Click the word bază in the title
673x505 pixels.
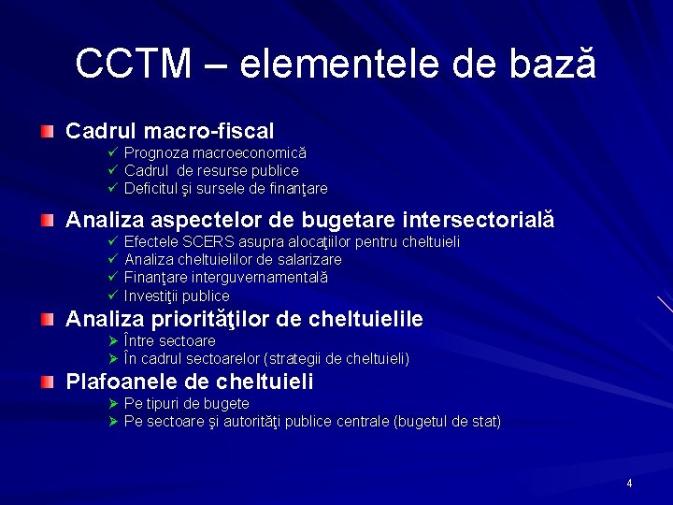pyautogui.click(x=551, y=64)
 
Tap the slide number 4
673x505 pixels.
pyautogui.click(x=629, y=483)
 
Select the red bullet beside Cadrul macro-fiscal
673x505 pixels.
pyautogui.click(x=48, y=132)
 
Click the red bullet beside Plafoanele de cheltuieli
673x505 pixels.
pyautogui.click(x=48, y=382)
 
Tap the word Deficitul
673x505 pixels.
pyautogui.click(x=150, y=189)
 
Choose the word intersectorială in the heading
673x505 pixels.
pyautogui.click(x=478, y=221)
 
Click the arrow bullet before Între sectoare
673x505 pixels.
pyautogui.click(x=111, y=340)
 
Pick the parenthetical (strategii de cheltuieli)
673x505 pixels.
pyautogui.click(x=337, y=358)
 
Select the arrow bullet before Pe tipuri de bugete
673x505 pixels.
pyautogui.click(x=111, y=403)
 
